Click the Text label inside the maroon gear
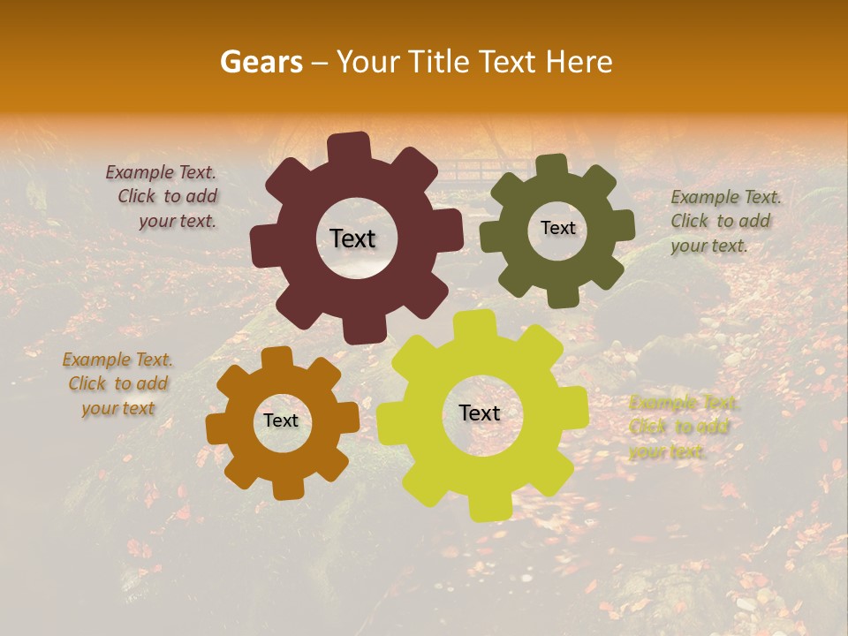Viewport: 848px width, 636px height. click(x=352, y=238)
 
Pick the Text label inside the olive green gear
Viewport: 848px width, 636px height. click(x=557, y=228)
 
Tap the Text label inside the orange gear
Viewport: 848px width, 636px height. click(x=281, y=420)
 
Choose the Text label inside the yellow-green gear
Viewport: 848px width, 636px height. click(x=480, y=413)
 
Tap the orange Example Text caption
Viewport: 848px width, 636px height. click(x=117, y=383)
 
